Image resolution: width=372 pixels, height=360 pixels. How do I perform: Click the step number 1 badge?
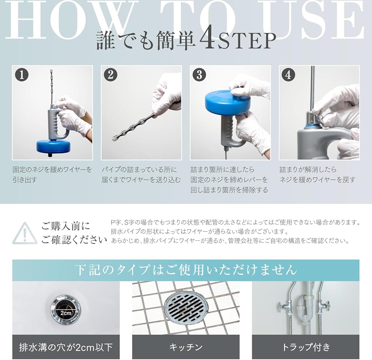click(x=22, y=75)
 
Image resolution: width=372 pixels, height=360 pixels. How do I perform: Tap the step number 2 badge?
click(x=111, y=75)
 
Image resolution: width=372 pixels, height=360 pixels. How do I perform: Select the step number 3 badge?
click(x=199, y=75)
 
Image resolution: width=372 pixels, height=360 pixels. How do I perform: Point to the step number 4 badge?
click(x=288, y=75)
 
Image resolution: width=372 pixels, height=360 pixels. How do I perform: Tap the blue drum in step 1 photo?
click(x=53, y=147)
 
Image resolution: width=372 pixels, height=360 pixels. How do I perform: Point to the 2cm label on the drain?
click(x=66, y=313)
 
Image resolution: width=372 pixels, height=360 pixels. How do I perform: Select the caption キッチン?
click(x=186, y=347)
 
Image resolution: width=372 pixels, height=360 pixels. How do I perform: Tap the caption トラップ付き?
click(x=306, y=347)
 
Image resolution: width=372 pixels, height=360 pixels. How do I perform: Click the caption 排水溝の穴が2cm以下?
click(x=66, y=347)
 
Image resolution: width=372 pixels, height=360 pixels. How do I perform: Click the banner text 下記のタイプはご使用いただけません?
click(x=186, y=270)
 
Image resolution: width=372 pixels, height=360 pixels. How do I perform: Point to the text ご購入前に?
click(x=66, y=226)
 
